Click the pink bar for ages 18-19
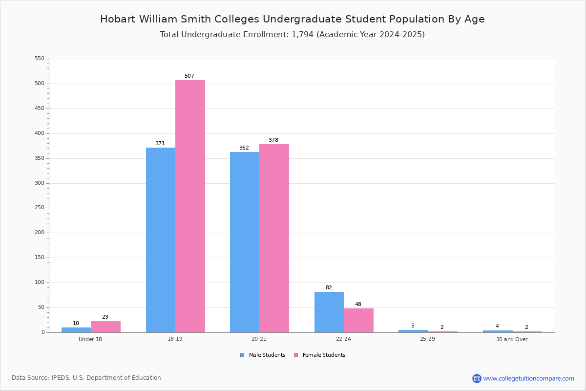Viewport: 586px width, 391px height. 190,206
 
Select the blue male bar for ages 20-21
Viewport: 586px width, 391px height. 245,242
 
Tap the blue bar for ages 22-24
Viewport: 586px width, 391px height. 329,312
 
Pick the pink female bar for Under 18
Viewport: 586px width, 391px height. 105,326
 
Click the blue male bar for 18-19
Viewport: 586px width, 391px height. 161,240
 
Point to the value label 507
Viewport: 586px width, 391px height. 189,76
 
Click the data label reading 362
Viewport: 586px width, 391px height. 244,148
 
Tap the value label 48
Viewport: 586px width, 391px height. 358,304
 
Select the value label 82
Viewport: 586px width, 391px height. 329,287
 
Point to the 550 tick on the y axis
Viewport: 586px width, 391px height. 40,58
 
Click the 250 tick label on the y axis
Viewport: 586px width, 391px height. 40,208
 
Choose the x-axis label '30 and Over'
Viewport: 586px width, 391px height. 512,339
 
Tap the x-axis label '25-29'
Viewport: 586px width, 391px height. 427,339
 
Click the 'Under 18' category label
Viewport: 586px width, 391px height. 90,339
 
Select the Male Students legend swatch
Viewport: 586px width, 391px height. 242,355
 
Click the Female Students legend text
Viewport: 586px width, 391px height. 324,355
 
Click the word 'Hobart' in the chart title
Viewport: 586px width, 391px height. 118,19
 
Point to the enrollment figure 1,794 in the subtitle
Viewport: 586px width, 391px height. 302,35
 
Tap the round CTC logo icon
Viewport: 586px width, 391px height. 477,378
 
